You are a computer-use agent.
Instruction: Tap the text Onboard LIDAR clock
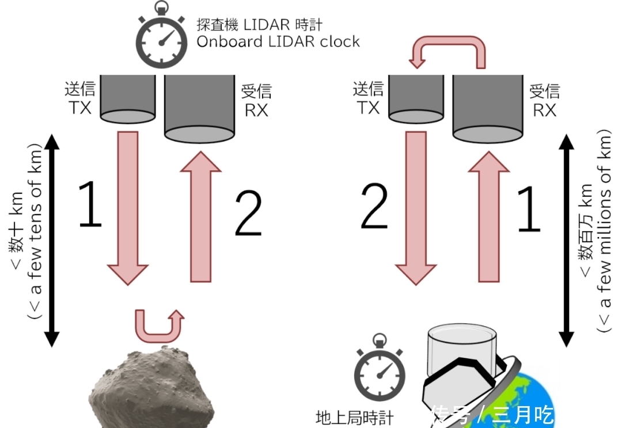tap(278, 41)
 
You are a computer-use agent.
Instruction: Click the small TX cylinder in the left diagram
tap(128, 98)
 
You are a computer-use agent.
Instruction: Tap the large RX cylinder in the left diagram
tap(199, 106)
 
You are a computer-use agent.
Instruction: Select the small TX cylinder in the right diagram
tap(415, 98)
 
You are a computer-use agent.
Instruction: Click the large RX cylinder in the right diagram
tap(488, 106)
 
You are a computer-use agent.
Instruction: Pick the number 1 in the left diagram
tap(90, 204)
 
